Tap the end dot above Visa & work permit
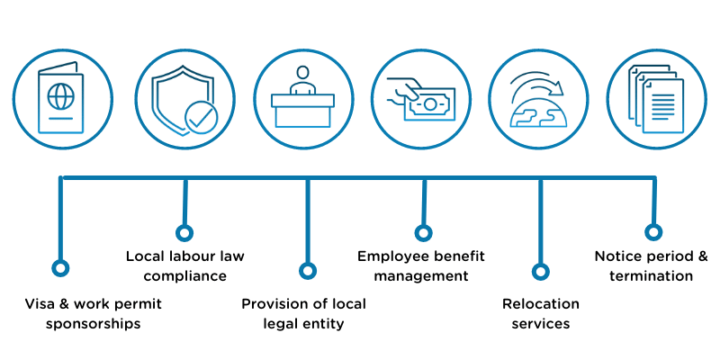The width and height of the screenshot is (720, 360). tap(60, 268)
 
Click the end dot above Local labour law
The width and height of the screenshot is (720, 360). tap(184, 233)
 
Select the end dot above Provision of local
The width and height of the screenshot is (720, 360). tap(308, 270)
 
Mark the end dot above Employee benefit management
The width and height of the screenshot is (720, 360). tap(422, 233)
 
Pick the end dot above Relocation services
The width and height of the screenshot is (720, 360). tap(540, 270)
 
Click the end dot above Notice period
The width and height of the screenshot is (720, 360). tap(653, 232)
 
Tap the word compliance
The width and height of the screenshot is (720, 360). tap(184, 276)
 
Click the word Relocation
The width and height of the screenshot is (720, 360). tap(540, 304)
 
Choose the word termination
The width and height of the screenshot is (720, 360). tap(651, 276)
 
